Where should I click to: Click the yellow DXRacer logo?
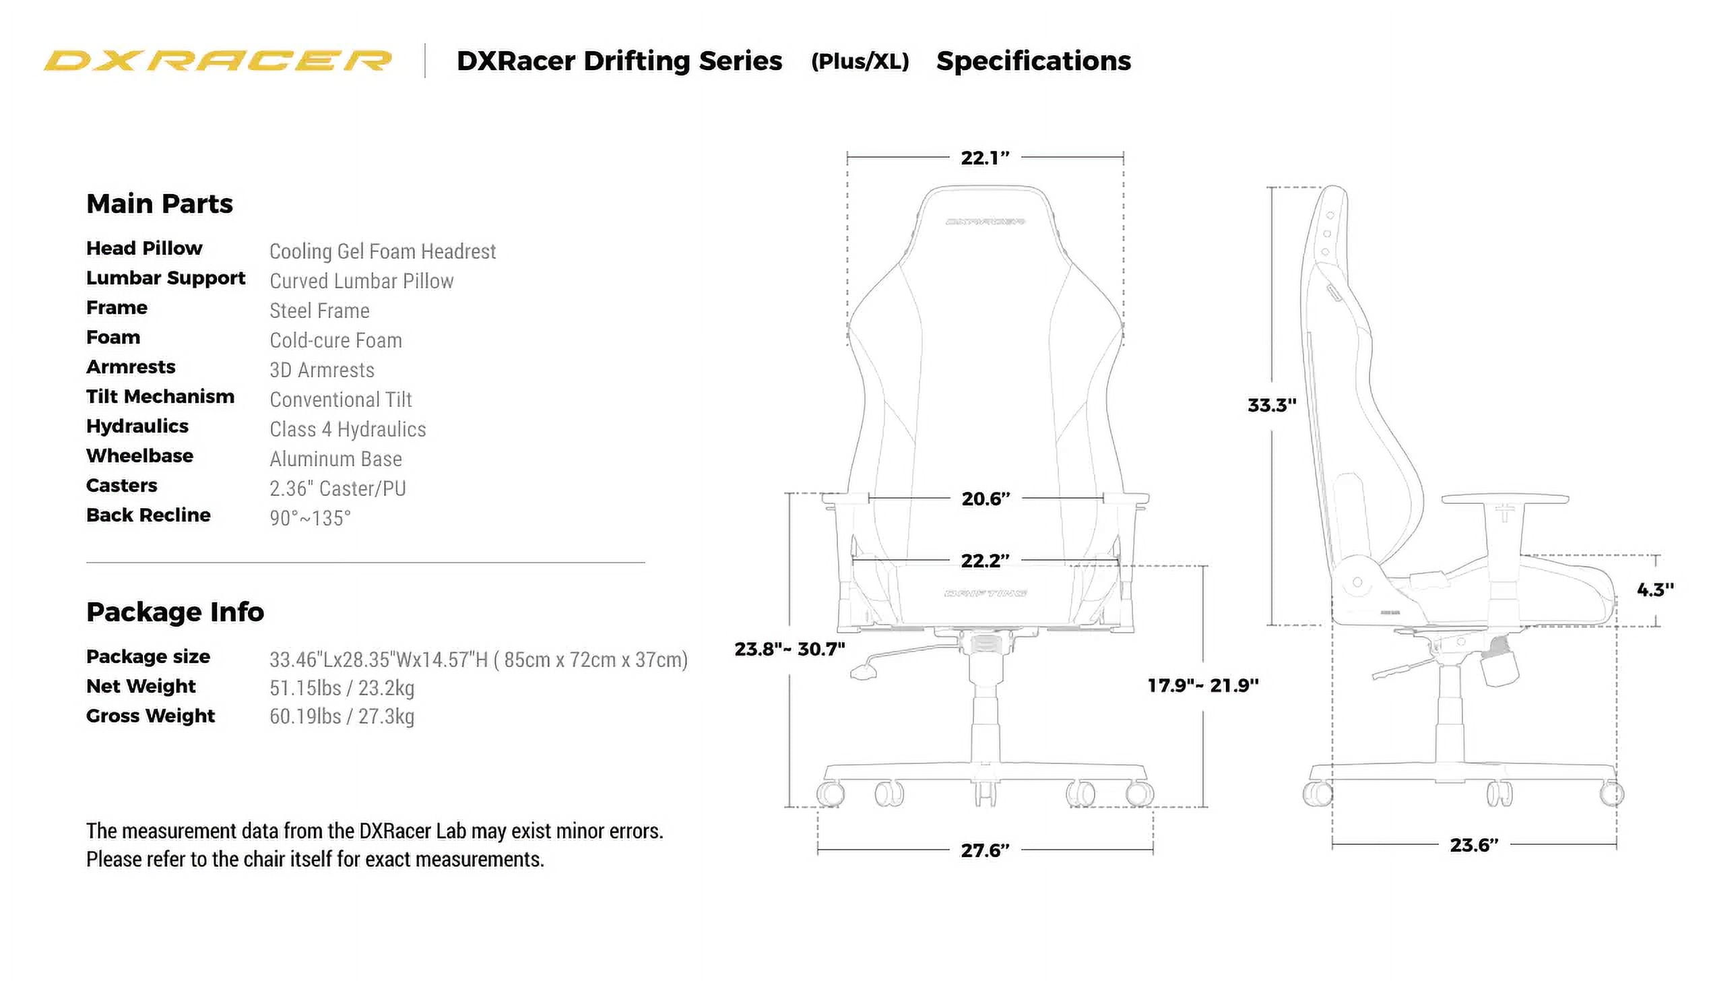tap(217, 61)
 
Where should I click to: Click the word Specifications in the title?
tap(1033, 61)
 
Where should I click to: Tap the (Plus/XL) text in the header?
tap(860, 62)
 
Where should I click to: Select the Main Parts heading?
tap(160, 204)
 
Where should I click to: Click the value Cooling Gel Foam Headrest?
tap(383, 251)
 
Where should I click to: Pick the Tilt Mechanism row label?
tap(160, 397)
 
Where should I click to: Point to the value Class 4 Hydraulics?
tap(348, 429)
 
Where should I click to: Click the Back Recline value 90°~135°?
tap(310, 518)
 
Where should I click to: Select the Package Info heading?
tap(175, 612)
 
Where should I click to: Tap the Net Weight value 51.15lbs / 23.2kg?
tap(342, 688)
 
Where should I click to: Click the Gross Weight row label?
tap(150, 716)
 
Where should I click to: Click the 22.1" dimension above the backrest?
tap(985, 158)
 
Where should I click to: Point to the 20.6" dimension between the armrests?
tap(986, 499)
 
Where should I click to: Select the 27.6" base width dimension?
tap(985, 851)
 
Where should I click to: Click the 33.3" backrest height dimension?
tap(1271, 406)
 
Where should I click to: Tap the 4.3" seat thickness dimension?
tap(1654, 590)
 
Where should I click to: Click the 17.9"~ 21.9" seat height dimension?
tap(1202, 686)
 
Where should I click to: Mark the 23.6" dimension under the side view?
tap(1473, 846)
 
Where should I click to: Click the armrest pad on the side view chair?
tap(1504, 499)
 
